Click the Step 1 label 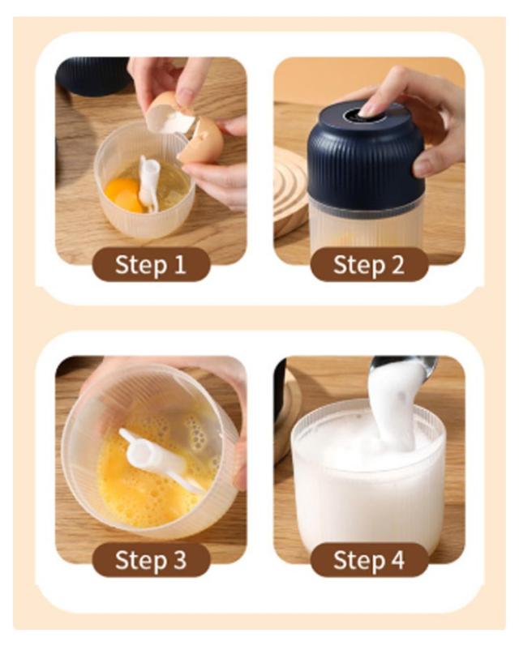click(151, 265)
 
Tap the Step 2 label click(369, 265)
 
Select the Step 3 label click(151, 560)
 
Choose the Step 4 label click(369, 560)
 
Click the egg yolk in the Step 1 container click(124, 194)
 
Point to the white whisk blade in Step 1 click(149, 183)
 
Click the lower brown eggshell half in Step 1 click(201, 140)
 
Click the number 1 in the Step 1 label click(180, 264)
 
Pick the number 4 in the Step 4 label click(397, 559)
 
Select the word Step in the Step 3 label click(140, 561)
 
